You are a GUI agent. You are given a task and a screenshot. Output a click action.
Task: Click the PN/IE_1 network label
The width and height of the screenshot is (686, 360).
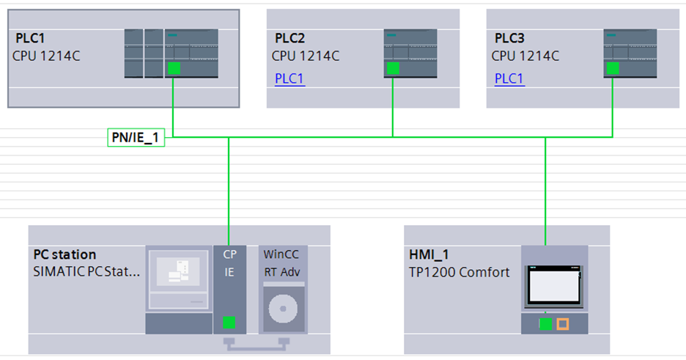(136, 137)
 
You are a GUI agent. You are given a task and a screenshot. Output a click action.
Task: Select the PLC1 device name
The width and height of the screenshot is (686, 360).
(31, 38)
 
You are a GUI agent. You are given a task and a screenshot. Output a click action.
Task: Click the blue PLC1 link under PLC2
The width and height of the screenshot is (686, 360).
(289, 78)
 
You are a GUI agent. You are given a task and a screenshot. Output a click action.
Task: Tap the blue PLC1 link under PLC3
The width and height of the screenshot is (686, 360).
(509, 78)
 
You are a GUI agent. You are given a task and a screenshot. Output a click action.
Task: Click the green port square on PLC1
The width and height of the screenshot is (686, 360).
(174, 68)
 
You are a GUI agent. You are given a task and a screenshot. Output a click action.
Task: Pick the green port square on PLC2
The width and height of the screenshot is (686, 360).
(393, 68)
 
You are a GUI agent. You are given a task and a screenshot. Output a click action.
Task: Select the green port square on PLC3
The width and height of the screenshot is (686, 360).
(613, 68)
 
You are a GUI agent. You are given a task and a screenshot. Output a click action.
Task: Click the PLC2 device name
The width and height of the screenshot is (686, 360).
(290, 38)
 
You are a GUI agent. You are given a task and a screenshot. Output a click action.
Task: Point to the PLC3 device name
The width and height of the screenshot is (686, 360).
(510, 38)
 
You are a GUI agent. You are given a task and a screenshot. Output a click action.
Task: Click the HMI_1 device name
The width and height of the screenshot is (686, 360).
(428, 254)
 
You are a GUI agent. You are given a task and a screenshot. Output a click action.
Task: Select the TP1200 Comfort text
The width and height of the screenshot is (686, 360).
(459, 272)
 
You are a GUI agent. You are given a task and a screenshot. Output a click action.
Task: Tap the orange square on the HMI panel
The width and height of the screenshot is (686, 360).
(562, 323)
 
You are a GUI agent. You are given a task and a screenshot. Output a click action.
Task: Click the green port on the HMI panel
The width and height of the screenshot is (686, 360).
(545, 323)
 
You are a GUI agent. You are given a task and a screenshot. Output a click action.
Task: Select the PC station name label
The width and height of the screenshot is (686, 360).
(64, 254)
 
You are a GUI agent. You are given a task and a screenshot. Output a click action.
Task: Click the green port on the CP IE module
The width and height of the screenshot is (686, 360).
(229, 322)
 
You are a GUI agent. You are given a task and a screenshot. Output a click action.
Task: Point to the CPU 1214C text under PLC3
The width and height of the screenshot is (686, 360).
(525, 56)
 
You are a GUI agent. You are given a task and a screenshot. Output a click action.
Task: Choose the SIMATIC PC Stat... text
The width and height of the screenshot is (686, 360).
(86, 272)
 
